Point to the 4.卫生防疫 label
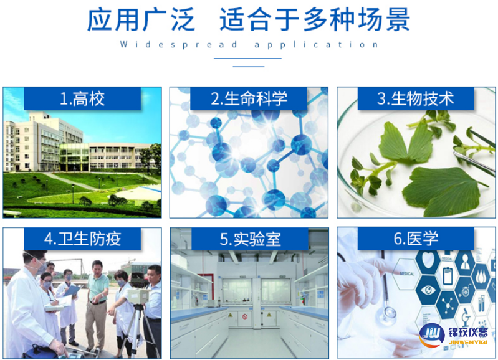coord(82,239)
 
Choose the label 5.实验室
coord(249,239)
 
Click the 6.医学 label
coord(416,239)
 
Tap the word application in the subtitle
coord(317,45)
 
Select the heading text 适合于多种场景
coord(315,20)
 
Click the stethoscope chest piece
coord(388,312)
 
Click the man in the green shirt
coord(96,293)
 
